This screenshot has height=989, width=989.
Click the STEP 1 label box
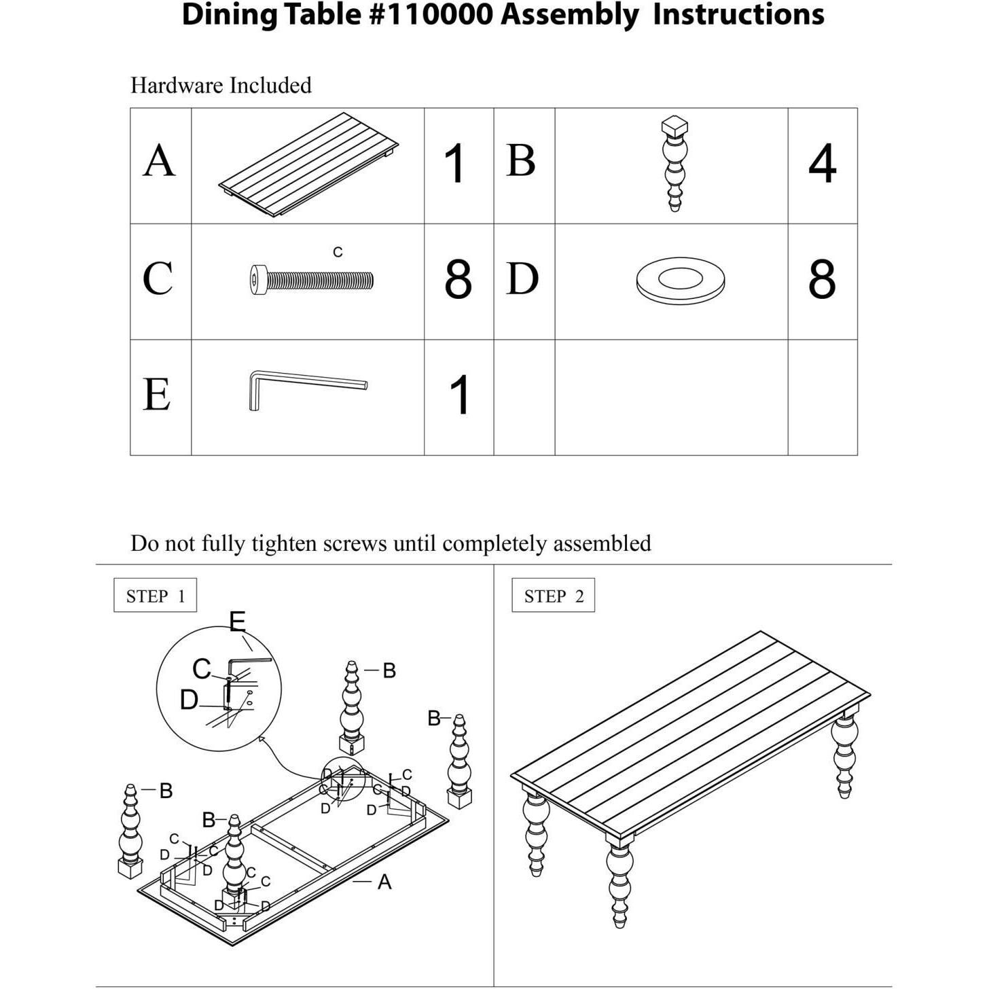tap(155, 596)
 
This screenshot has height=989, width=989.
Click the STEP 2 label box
tap(553, 596)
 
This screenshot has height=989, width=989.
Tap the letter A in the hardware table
tap(160, 162)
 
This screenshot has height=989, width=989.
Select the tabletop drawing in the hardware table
tap(308, 165)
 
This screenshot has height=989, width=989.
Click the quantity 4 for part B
tap(822, 164)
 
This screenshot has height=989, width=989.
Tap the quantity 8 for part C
tap(458, 279)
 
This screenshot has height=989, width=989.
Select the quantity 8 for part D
tap(822, 279)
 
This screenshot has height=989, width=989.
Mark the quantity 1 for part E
tap(460, 395)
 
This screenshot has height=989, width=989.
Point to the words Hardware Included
tap(221, 86)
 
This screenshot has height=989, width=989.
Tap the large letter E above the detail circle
tap(237, 622)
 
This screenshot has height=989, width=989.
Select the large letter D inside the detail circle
tap(189, 700)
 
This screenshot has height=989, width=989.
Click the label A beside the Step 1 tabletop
tap(384, 882)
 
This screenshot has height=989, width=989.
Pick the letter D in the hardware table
tap(522, 279)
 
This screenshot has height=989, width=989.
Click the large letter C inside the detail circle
tap(202, 669)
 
